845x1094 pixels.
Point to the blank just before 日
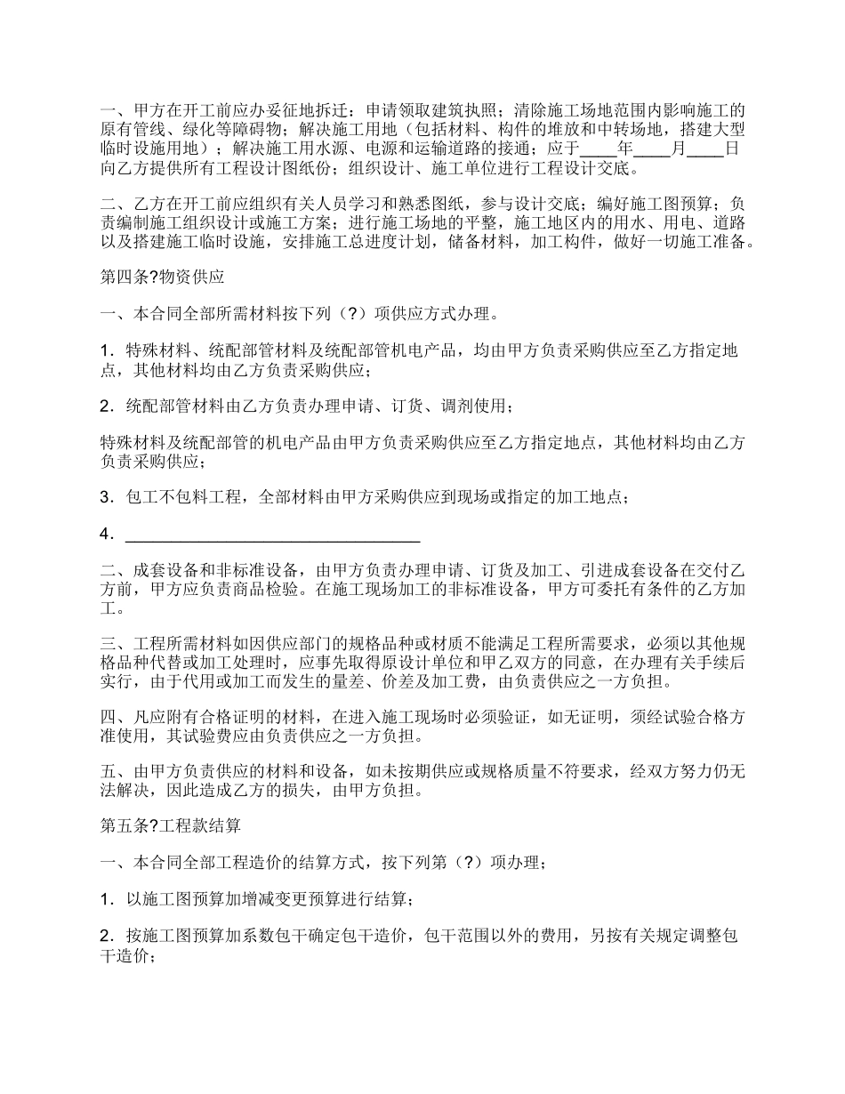click(x=706, y=149)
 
